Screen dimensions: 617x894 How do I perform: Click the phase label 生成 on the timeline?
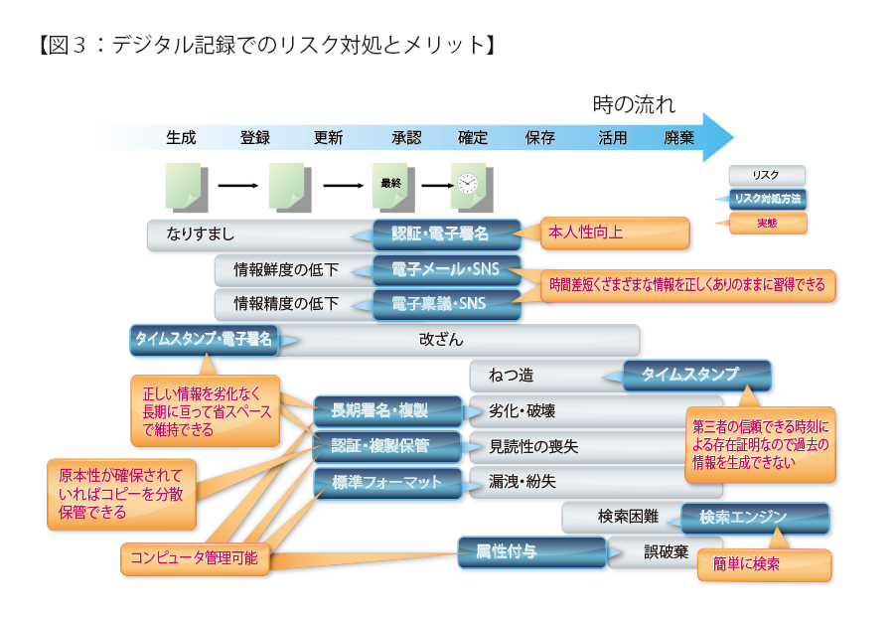point(181,137)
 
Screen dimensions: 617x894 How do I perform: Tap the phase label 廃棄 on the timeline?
point(679,137)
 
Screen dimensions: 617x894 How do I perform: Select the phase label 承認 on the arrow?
point(406,137)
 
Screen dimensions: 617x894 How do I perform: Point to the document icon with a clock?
point(467,185)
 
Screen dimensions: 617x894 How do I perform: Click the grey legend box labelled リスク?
point(767,175)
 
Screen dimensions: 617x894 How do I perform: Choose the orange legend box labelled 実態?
point(767,224)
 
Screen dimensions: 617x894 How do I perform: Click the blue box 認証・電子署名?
point(447,234)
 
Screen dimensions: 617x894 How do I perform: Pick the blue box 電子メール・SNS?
point(447,269)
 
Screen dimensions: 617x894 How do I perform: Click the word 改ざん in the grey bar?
point(441,340)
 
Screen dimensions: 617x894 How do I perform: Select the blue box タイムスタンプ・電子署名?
point(203,340)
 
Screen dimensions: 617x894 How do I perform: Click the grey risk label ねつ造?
point(512,376)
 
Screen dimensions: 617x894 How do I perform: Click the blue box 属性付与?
point(531,551)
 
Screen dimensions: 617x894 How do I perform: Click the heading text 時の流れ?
point(634,103)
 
